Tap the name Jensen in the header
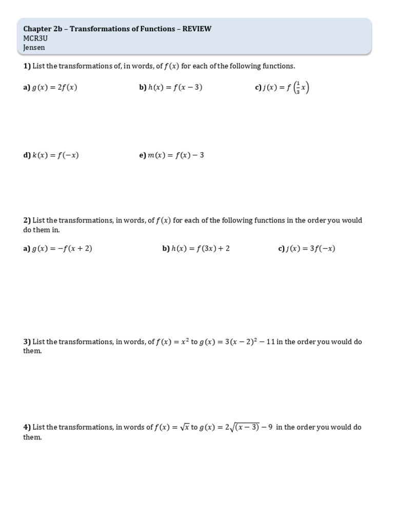pyautogui.click(x=34, y=48)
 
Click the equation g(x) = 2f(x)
pyautogui.click(x=55, y=88)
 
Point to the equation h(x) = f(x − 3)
pyautogui.click(x=175, y=88)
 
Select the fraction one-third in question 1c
pyautogui.click(x=297, y=89)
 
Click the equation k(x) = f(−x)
pyautogui.click(x=55, y=155)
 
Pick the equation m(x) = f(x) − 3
pyautogui.click(x=176, y=155)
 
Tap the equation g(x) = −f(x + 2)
pyautogui.click(x=62, y=249)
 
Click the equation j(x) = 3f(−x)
pyautogui.click(x=311, y=249)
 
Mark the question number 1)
pyautogui.click(x=27, y=66)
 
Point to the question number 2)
pyautogui.click(x=27, y=220)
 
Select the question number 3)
pyautogui.click(x=27, y=342)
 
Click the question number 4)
pyautogui.click(x=27, y=428)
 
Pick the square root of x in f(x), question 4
pyautogui.click(x=184, y=427)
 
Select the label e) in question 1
pyautogui.click(x=143, y=155)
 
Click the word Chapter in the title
pyautogui.click(x=37, y=29)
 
